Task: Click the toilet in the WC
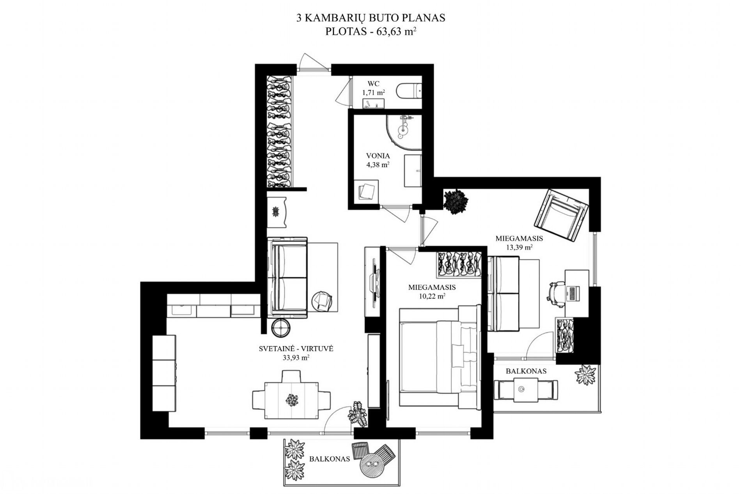pos(408,92)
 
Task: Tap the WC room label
pos(373,84)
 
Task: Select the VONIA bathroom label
pos(378,156)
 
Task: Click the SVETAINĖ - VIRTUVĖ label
pos(296,349)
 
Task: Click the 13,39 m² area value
pos(519,247)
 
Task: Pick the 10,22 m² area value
pos(432,296)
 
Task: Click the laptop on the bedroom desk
pos(573,293)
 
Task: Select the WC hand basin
pos(373,104)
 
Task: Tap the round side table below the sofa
pos(281,328)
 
